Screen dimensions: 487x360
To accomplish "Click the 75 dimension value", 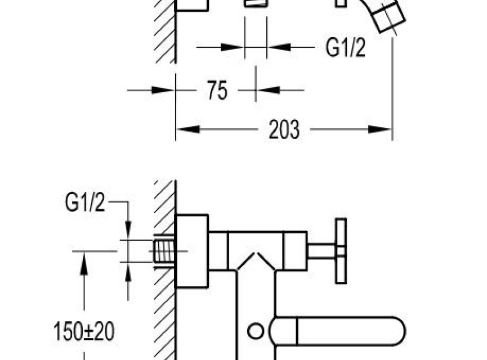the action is (217, 91).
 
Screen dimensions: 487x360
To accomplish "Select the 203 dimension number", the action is (284, 129).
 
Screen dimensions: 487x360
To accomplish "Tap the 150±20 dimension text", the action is (84, 331).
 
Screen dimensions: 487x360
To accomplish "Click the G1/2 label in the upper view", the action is (345, 47).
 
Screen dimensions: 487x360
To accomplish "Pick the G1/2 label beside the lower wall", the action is (85, 202).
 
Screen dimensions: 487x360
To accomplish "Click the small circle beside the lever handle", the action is (256, 331).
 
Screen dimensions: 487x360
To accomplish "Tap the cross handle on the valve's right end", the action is (341, 251).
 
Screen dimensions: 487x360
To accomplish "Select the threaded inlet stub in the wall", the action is (164, 251).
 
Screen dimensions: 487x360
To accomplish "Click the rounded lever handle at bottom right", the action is (337, 331).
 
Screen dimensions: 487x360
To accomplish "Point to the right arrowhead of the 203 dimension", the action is (380, 129).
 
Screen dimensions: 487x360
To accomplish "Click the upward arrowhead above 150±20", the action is (83, 263).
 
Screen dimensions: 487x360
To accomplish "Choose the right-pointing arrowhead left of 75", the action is (163, 91).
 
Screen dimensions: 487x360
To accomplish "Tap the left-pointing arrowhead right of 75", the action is (269, 91).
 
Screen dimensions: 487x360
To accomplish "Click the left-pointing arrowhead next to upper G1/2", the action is (279, 47).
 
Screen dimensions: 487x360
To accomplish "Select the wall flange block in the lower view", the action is (191, 251).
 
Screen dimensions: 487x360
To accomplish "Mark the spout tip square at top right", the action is (389, 16).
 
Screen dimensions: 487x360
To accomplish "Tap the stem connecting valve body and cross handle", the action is (322, 251).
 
